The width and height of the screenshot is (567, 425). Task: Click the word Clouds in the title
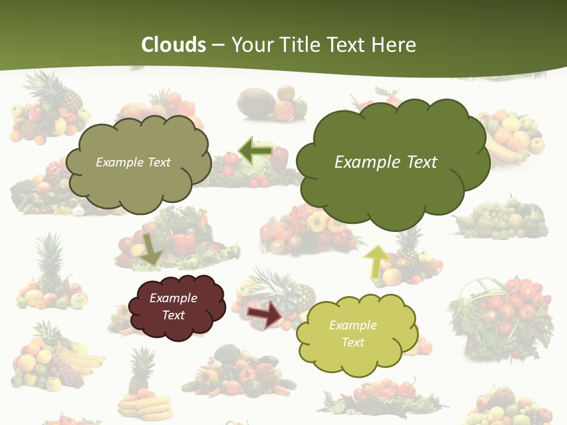pos(174,45)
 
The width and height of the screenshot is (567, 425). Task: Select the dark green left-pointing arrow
pos(255,151)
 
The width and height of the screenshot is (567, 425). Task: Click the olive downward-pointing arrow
pos(152,249)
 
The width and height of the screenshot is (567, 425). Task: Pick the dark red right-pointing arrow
pos(265,313)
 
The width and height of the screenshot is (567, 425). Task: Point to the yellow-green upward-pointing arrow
pos(377,260)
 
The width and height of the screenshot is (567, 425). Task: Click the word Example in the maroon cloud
pos(174,298)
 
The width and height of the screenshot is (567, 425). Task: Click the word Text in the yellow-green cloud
pos(353,342)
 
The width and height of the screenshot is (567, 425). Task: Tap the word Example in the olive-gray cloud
pos(119,162)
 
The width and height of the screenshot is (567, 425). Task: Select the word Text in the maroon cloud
pos(174,315)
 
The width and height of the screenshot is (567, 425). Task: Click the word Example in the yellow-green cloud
pos(353,325)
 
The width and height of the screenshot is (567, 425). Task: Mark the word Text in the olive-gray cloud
pos(158,162)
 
